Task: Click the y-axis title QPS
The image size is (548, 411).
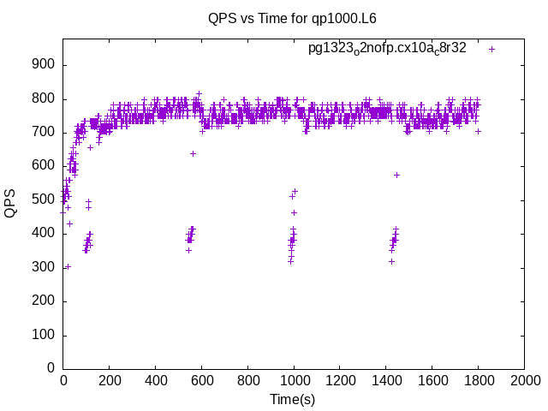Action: (x=11, y=203)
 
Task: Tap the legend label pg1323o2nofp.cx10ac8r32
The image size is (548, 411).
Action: (x=387, y=49)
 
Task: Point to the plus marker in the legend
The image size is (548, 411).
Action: (x=491, y=49)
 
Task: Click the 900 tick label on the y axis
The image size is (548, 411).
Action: (x=44, y=65)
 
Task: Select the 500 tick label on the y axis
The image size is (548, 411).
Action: (x=44, y=200)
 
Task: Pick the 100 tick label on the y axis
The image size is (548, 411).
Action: (x=44, y=335)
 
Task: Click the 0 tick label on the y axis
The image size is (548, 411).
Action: (x=51, y=368)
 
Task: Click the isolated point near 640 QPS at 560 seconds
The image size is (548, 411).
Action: (x=193, y=153)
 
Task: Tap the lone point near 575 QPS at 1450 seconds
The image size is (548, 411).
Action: (x=396, y=175)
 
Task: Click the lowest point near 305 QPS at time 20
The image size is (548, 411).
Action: (x=68, y=266)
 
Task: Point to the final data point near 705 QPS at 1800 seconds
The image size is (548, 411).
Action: (x=478, y=131)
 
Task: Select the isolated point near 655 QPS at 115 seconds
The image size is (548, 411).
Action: (x=90, y=147)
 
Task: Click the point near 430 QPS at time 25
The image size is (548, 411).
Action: (x=69, y=223)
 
